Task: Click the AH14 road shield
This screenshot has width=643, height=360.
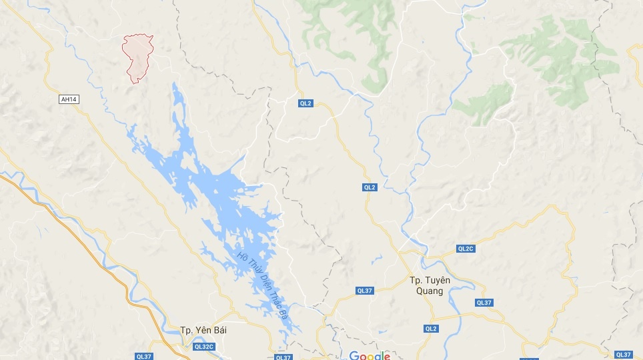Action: [x=69, y=99]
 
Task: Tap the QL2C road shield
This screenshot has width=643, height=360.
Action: [x=466, y=249]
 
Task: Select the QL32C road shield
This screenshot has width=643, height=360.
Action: [x=203, y=347]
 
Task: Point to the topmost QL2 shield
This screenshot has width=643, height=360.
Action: [x=305, y=103]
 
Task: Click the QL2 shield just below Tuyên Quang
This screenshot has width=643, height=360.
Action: [x=432, y=328]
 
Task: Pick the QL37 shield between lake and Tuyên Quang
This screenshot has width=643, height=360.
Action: [x=365, y=290]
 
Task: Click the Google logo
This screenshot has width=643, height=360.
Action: [x=370, y=355]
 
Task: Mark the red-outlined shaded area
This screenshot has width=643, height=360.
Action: [x=138, y=57]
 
